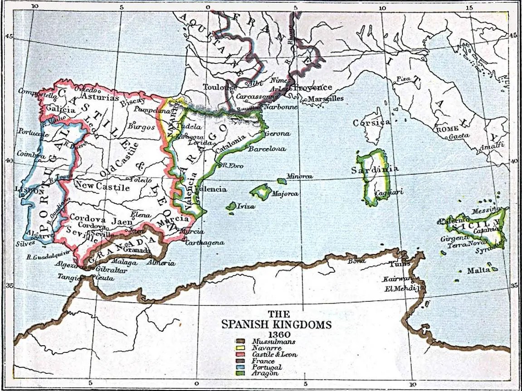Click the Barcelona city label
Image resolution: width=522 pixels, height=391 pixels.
pos(268,148)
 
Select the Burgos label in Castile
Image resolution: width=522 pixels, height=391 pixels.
pos(138,126)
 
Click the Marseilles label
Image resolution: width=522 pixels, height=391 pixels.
pos(325,98)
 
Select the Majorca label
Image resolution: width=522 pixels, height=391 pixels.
pos(285,193)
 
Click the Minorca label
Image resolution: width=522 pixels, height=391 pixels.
pos(299,176)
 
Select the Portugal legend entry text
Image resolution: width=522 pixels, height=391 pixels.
pos(270,367)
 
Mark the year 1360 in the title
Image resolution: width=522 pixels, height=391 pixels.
pos(276,333)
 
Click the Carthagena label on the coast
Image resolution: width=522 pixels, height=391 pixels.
pos(204,242)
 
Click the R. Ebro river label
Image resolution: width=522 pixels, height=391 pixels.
pos(233,166)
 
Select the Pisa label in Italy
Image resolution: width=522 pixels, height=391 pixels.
pos(403,79)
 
